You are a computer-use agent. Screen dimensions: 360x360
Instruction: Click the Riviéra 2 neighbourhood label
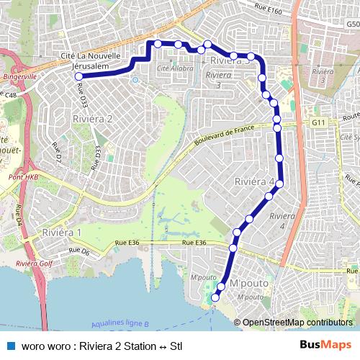pos(92,119)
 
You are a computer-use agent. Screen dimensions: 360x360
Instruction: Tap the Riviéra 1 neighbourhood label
pos(61,233)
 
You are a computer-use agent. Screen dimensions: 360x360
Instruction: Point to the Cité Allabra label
pos(175,68)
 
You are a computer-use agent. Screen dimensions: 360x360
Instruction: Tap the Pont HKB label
pos(23,176)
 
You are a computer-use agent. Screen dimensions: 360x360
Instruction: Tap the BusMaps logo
pos(326,346)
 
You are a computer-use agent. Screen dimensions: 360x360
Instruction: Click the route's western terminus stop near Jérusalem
pos(78,76)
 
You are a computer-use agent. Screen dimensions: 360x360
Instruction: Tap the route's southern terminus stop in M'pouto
pos(214,297)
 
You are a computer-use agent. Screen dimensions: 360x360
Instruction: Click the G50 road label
pos(353,24)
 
